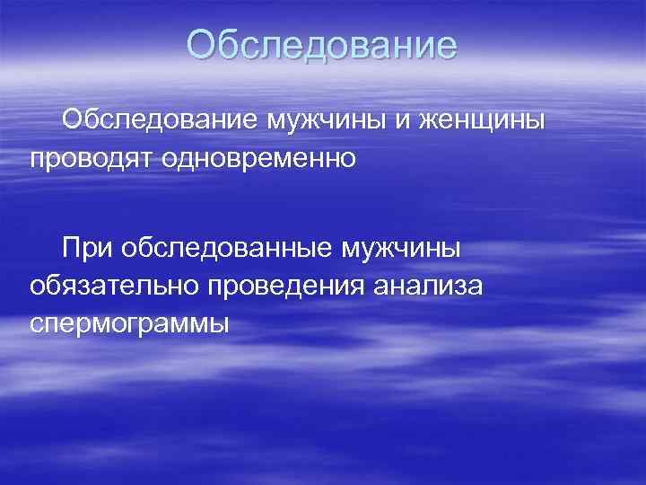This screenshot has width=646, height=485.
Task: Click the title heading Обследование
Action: pyautogui.click(x=322, y=46)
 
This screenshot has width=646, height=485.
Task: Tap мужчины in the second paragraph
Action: pyautogui.click(x=403, y=246)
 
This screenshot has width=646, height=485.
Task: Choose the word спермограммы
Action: pyautogui.click(x=129, y=323)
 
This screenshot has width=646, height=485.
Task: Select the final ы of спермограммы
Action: pyautogui.click(x=221, y=323)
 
